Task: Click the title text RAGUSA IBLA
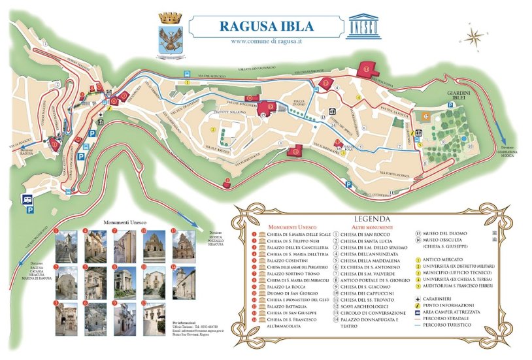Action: pyautogui.click(x=265, y=27)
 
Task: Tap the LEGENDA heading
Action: pyautogui.click(x=372, y=219)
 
